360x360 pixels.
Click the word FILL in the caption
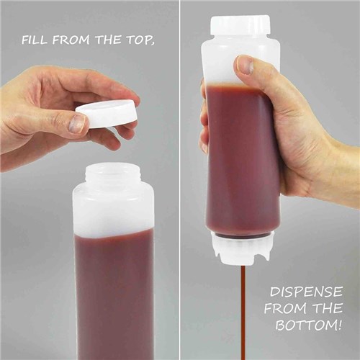pos(35,40)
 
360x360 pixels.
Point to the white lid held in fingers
pos(107,113)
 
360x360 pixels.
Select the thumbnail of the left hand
pos(76,124)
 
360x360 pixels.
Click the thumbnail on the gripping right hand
pos(246,66)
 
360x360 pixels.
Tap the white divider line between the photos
pos(179,180)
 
